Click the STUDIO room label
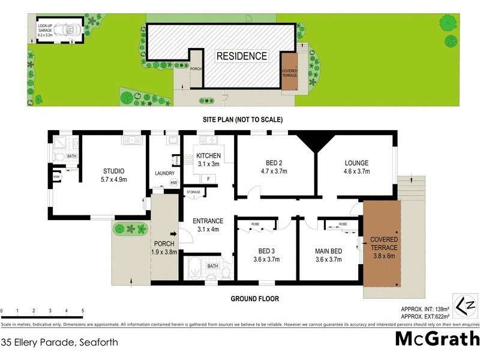(x=113, y=170)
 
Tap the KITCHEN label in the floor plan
(x=208, y=157)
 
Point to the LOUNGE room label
(x=356, y=163)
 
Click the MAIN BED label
(x=329, y=251)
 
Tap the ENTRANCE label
(x=208, y=221)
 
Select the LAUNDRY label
(x=164, y=173)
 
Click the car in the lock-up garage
(x=71, y=28)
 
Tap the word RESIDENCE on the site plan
(x=241, y=56)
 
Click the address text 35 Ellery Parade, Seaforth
(x=59, y=343)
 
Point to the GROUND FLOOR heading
(x=254, y=298)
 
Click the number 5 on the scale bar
(x=82, y=310)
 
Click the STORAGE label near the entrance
(x=193, y=193)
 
